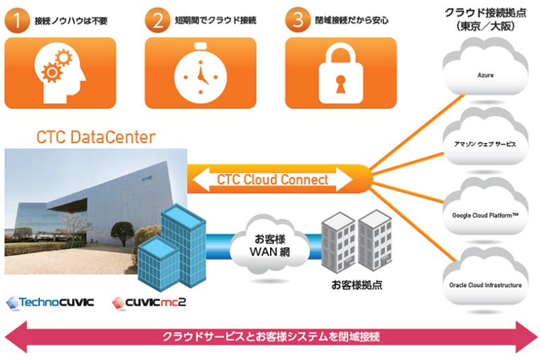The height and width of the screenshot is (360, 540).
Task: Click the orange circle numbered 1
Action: (18, 19)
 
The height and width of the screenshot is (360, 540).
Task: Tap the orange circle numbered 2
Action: (158, 19)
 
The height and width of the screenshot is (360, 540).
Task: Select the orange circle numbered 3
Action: (298, 19)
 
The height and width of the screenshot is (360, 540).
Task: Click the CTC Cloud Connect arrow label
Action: (273, 180)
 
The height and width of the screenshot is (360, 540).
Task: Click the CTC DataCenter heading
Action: (96, 138)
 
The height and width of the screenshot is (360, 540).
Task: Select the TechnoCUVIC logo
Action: (49, 303)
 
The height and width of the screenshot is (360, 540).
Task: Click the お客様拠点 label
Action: (356, 284)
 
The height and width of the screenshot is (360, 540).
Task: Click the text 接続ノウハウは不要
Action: (73, 20)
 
